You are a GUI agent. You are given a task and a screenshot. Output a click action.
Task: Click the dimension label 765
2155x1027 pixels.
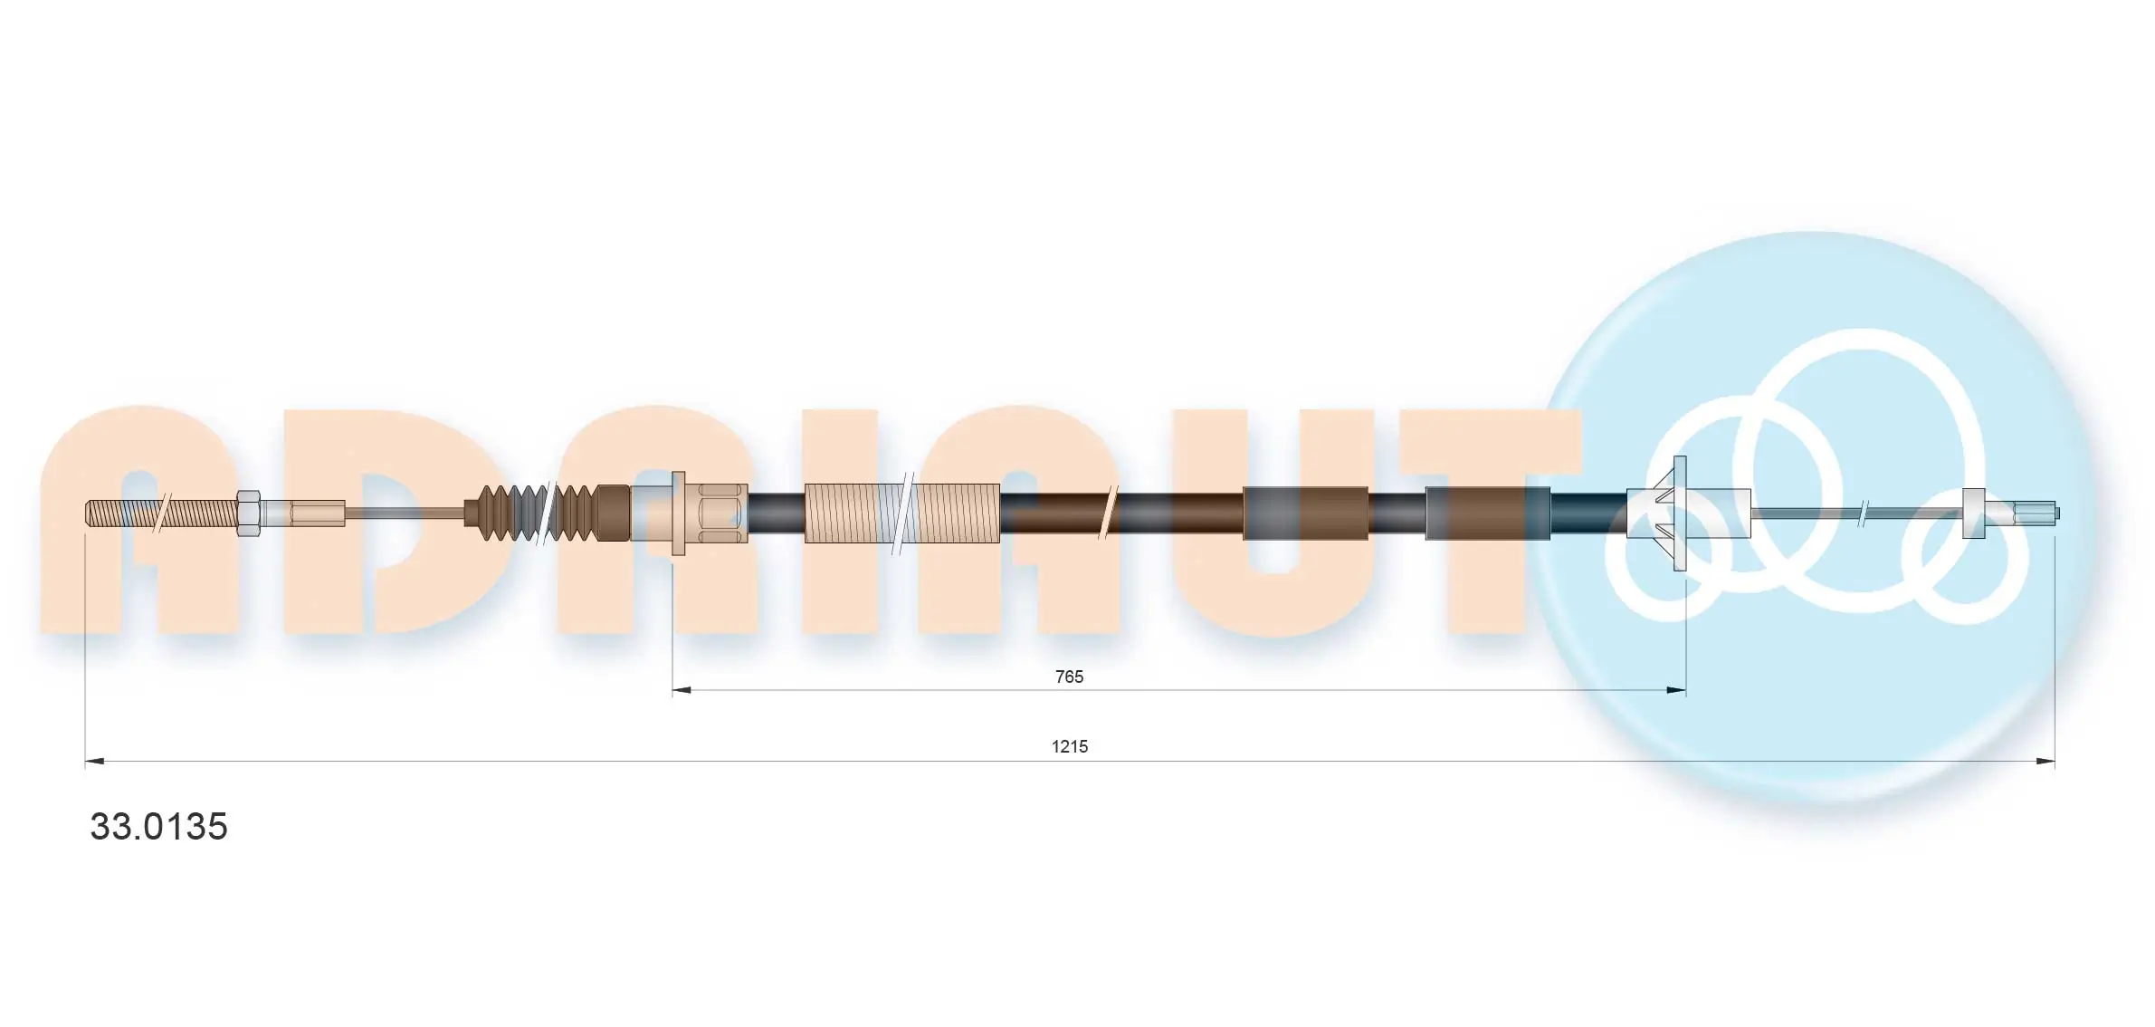[1069, 677]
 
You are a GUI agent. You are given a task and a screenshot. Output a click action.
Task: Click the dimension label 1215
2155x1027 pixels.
[1069, 746]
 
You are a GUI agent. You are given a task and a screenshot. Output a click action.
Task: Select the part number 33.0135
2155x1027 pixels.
[158, 827]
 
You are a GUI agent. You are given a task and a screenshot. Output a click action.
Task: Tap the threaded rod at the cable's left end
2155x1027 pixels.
[158, 513]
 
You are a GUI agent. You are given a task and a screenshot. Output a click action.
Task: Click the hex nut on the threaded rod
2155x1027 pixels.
[248, 513]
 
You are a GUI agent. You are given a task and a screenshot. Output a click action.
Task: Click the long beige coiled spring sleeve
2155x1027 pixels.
[901, 513]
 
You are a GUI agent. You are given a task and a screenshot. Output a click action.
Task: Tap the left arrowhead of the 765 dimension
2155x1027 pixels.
[682, 690]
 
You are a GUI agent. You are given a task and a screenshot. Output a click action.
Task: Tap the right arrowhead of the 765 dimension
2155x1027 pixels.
[1676, 690]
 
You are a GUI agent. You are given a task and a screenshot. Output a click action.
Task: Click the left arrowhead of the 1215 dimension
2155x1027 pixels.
[94, 761]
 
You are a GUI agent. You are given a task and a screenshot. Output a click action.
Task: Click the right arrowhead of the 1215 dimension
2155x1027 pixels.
[2045, 761]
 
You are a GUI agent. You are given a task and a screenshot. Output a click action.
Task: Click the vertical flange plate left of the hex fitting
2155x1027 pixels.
[678, 513]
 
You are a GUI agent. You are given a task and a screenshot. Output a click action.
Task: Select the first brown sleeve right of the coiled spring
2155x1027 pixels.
[1305, 513]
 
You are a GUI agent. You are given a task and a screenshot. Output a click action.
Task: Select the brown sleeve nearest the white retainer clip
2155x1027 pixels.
[1487, 513]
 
